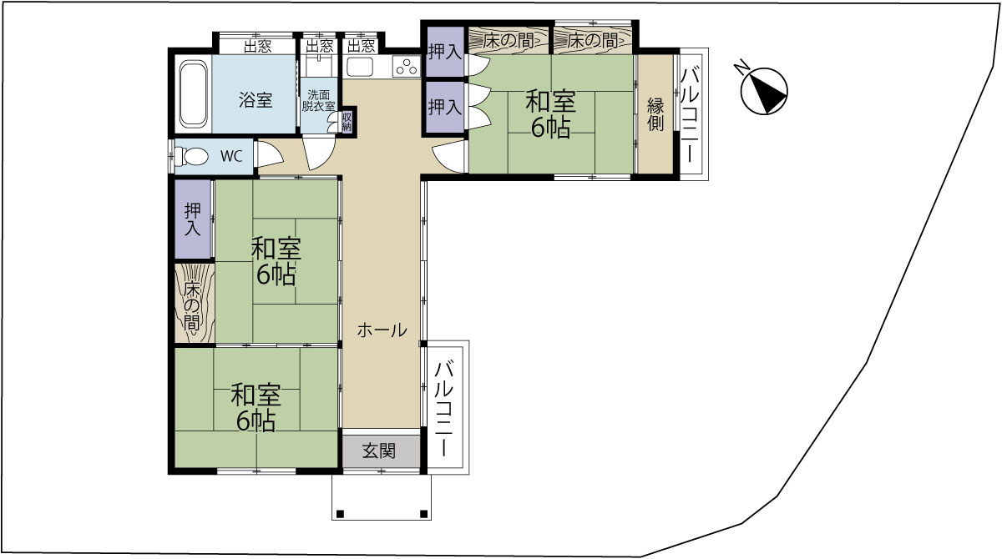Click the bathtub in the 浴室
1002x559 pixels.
193,95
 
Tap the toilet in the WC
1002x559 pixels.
191,156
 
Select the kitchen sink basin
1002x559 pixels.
360,68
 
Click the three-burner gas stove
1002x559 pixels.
407,68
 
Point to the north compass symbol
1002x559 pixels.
763,90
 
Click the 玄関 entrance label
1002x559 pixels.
379,451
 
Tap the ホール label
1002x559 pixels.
382,330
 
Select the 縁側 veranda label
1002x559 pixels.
655,115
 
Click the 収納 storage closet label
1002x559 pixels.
347,121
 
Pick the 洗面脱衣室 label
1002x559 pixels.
318,101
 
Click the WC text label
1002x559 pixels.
232,156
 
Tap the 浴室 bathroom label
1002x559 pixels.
256,99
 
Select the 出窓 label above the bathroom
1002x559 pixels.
257,46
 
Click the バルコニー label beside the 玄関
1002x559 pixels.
444,409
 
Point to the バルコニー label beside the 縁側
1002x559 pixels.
690,114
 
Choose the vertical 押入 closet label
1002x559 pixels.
193,219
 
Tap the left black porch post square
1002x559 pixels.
340,514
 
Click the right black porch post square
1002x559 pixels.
424,514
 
